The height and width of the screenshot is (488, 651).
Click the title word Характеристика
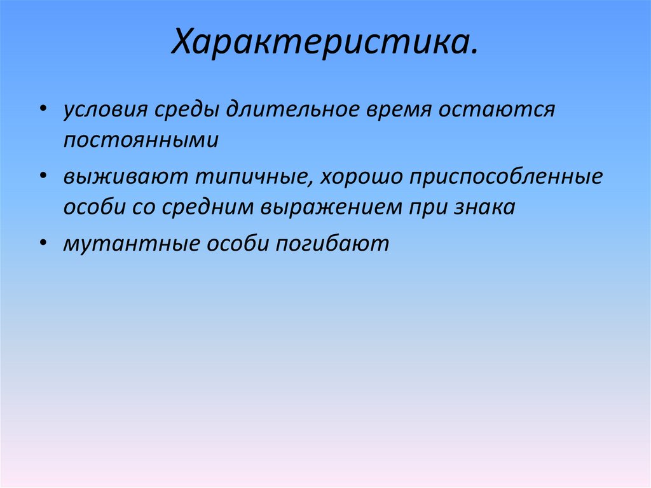point(324,45)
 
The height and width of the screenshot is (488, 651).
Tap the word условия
point(103,110)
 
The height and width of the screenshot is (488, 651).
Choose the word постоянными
point(140,141)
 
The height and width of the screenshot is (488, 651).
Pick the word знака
point(483,207)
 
